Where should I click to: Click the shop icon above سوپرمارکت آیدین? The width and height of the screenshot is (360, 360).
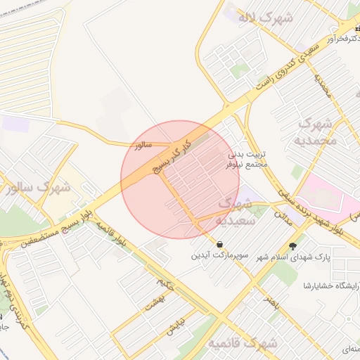point(221,244)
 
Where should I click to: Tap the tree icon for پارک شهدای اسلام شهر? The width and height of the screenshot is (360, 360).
point(292,245)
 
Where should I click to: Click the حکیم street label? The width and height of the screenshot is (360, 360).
point(166,285)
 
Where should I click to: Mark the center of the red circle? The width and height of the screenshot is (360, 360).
point(180,180)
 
